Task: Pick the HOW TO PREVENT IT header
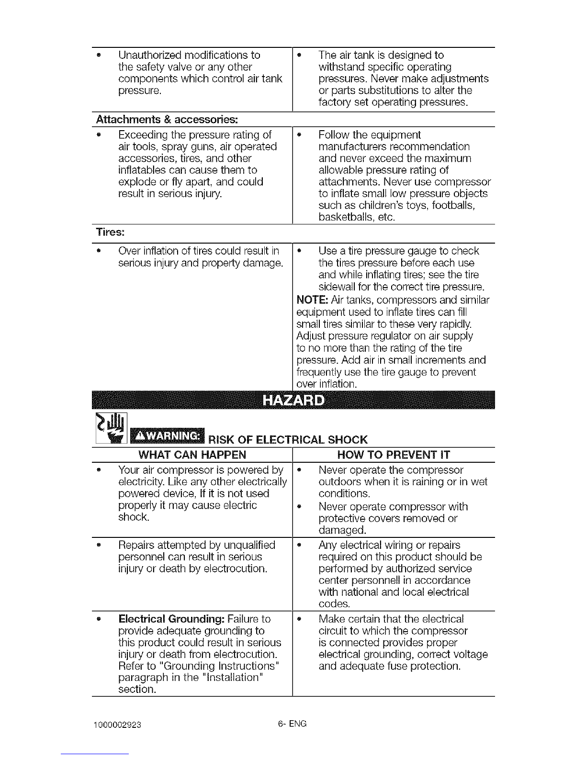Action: (x=394, y=455)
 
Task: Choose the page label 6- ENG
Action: (x=292, y=724)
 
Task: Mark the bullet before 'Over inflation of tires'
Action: (x=99, y=251)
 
